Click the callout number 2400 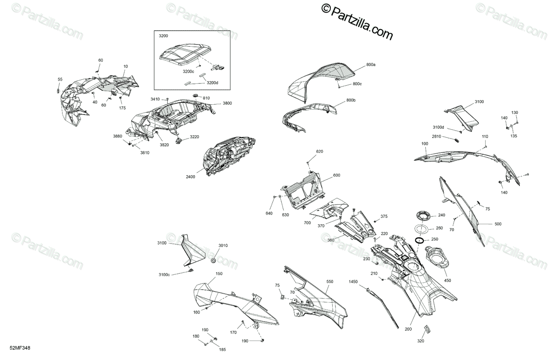191,177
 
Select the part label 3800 227,103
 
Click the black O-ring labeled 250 420,240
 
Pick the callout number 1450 354,281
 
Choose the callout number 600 336,175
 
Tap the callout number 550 329,282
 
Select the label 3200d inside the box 213,83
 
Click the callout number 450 447,280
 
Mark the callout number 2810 436,137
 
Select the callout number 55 59,80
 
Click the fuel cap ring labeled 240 423,215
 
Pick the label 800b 351,101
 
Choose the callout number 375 384,216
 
